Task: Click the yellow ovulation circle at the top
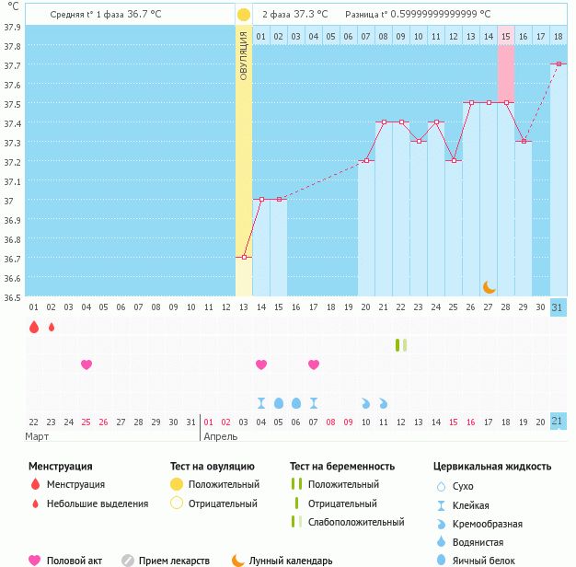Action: point(243,15)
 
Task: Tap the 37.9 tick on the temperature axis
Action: point(13,27)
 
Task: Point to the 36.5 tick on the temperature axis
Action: point(13,297)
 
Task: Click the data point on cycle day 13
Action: point(244,257)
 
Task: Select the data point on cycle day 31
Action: point(559,64)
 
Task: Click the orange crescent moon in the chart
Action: point(490,287)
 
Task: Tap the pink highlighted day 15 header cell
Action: point(506,36)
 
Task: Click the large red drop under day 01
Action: point(34,327)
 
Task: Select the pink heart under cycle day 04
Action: point(86,364)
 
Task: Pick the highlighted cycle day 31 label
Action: point(559,307)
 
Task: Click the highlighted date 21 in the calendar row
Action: point(559,421)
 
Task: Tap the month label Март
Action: point(38,436)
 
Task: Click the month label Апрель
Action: point(221,436)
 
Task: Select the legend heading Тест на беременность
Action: point(342,467)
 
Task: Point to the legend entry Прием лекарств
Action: point(174,561)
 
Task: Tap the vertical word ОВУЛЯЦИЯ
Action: point(244,55)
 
